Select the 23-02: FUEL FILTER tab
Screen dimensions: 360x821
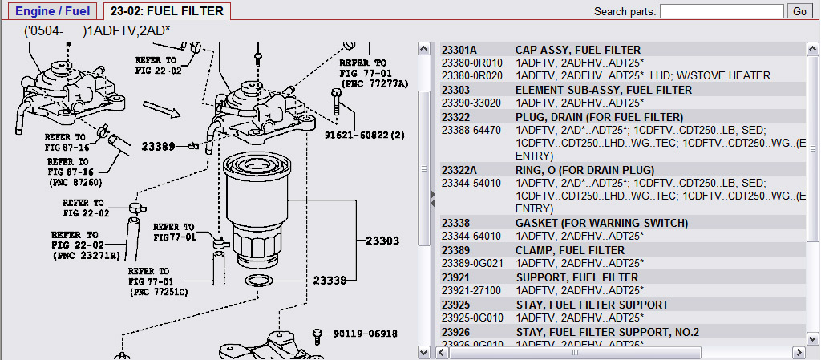point(168,11)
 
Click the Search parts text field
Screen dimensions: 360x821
point(722,11)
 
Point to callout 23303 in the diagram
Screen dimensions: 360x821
point(382,240)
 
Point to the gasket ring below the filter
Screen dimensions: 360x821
point(257,281)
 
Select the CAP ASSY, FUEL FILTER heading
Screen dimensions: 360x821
point(566,50)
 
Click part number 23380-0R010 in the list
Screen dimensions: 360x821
point(471,63)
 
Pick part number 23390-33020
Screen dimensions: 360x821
point(471,103)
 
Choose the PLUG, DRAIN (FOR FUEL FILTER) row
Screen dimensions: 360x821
point(599,117)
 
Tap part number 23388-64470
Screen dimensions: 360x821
point(471,130)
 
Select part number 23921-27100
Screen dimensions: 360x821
point(471,290)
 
